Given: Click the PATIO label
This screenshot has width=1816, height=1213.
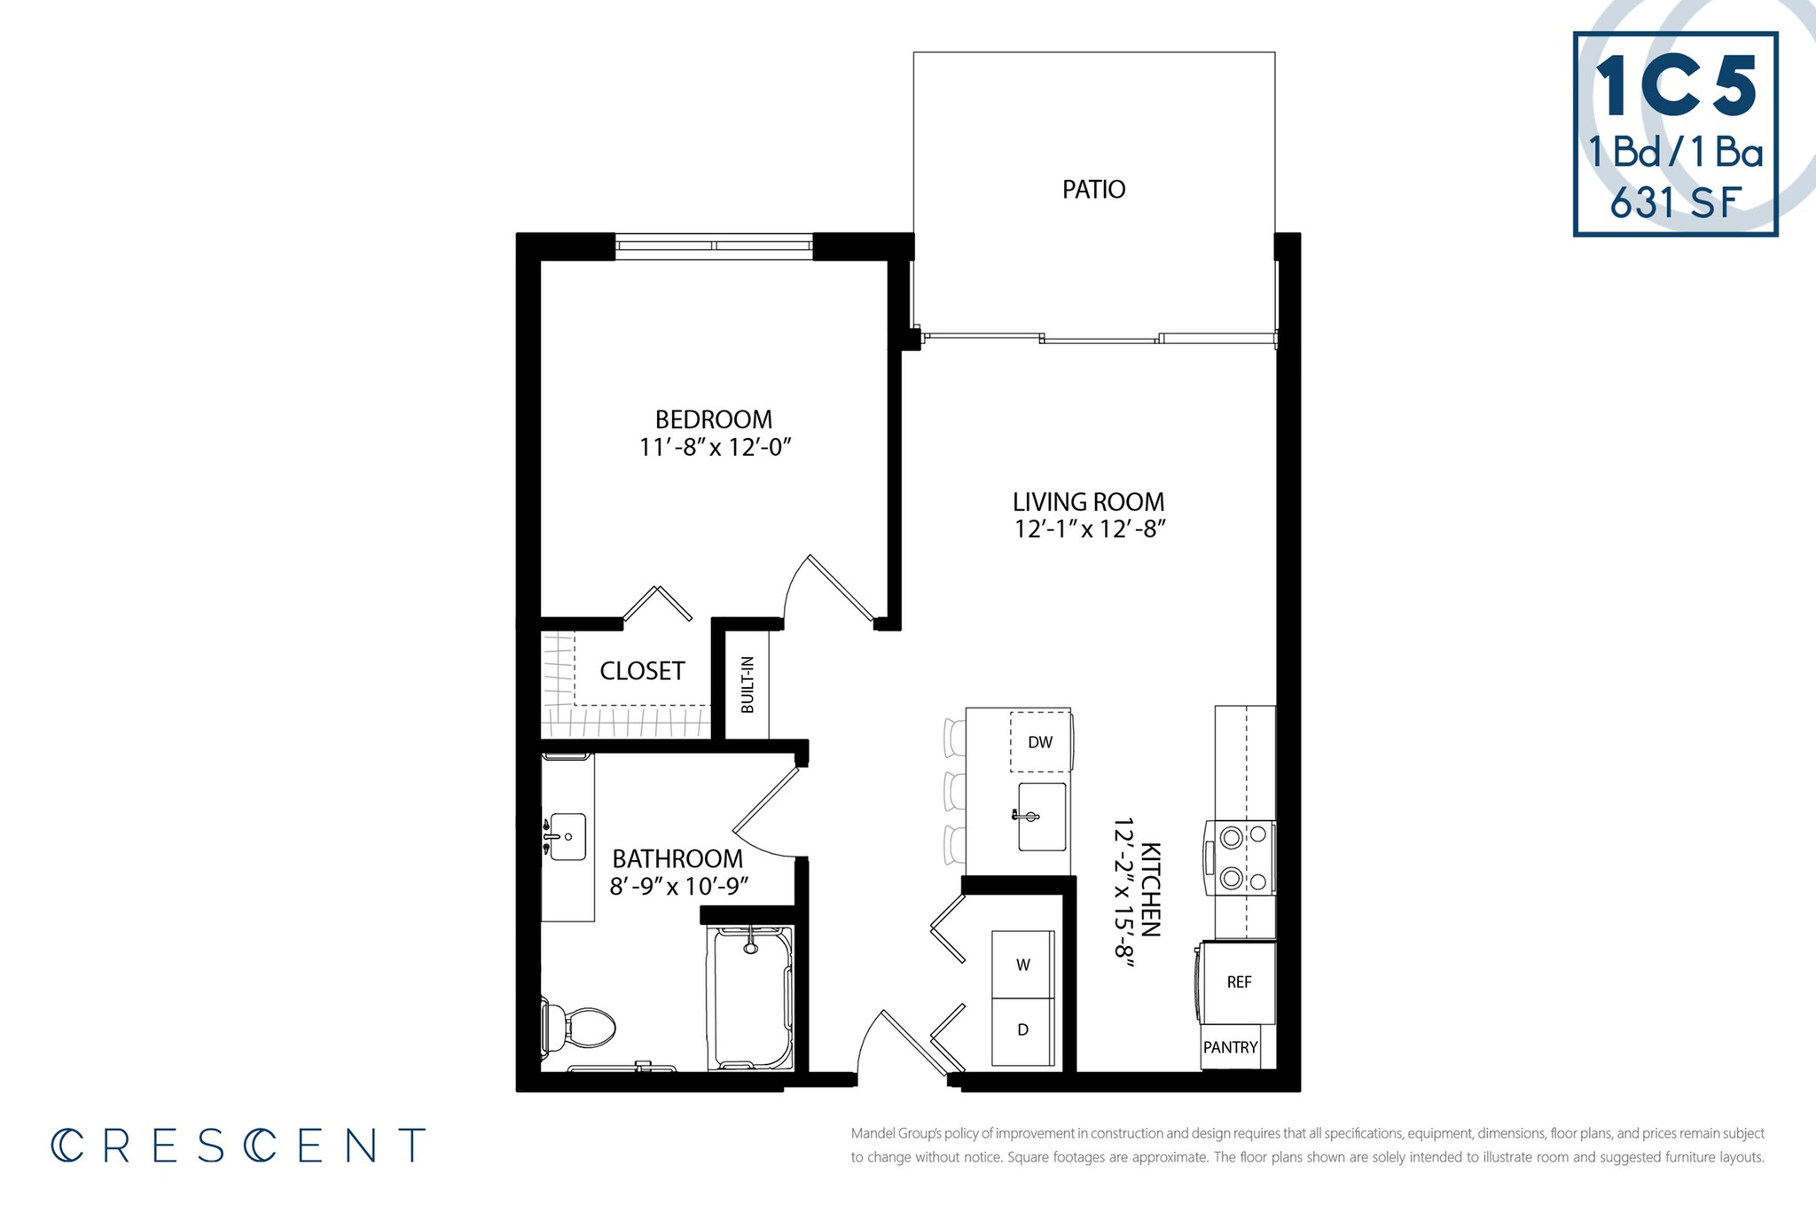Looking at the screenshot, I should [1093, 189].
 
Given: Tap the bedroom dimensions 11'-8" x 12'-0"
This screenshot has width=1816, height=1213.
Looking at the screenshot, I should [715, 447].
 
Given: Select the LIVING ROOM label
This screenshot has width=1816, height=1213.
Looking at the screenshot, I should [1088, 501].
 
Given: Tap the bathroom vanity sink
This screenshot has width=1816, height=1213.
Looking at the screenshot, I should [567, 836].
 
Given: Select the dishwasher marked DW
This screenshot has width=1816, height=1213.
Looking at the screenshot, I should [1040, 741].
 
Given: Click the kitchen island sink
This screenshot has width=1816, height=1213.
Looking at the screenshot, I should [1041, 816].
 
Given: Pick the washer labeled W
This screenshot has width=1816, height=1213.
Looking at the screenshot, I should [1022, 965].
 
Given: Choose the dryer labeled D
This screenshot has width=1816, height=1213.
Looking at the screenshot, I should [1022, 1030].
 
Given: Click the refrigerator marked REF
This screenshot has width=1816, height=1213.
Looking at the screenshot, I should [1239, 982].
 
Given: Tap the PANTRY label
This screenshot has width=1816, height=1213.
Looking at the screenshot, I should [1230, 1047].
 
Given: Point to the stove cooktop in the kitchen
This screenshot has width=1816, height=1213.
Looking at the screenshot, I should [1241, 857].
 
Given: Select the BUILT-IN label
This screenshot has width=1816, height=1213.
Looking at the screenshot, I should [748, 685].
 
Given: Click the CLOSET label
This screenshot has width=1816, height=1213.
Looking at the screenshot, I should [642, 670].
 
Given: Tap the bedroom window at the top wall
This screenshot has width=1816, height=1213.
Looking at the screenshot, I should [714, 246].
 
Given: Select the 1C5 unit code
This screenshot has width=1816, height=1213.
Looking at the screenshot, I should [1676, 86].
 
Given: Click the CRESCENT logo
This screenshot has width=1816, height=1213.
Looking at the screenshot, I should [238, 1145].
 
